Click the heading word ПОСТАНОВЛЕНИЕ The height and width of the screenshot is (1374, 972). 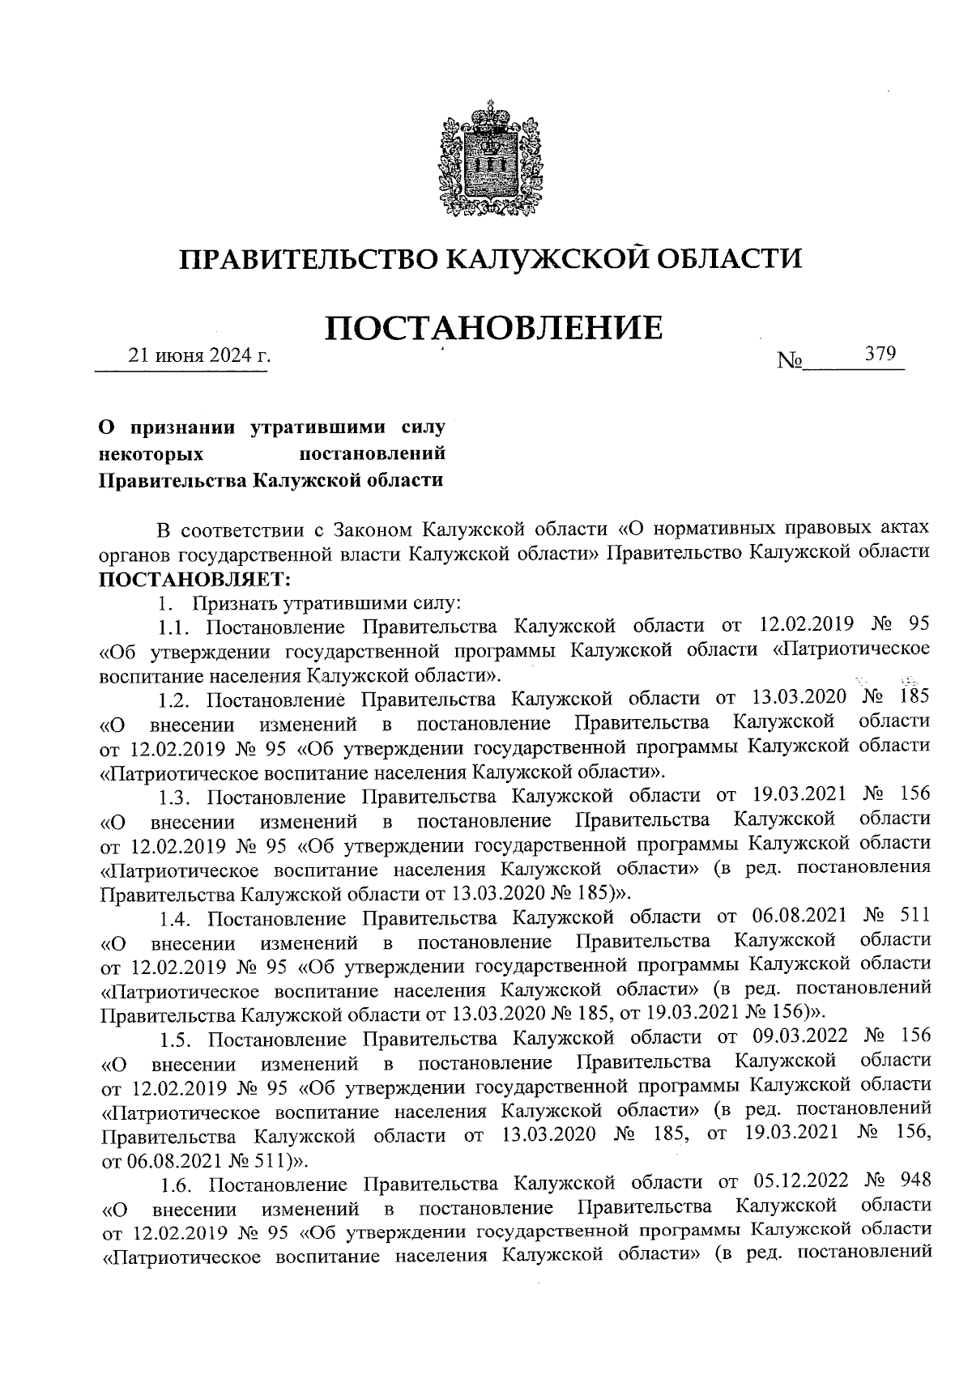[x=494, y=328]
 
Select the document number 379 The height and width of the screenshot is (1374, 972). [x=880, y=354]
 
